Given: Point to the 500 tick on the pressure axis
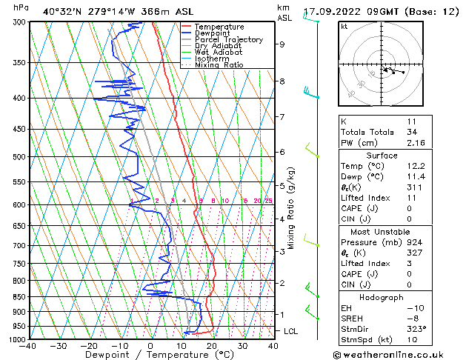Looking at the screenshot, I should (x=16, y=157).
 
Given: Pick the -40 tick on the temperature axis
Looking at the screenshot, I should (x=28, y=345).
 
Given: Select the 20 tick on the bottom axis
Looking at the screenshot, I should (x=211, y=345).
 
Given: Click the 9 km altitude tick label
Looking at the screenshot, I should (x=282, y=44).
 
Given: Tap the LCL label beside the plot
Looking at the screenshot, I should (x=290, y=331).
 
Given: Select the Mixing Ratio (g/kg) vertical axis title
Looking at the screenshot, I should (x=292, y=208).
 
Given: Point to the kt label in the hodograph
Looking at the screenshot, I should (x=344, y=27).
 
